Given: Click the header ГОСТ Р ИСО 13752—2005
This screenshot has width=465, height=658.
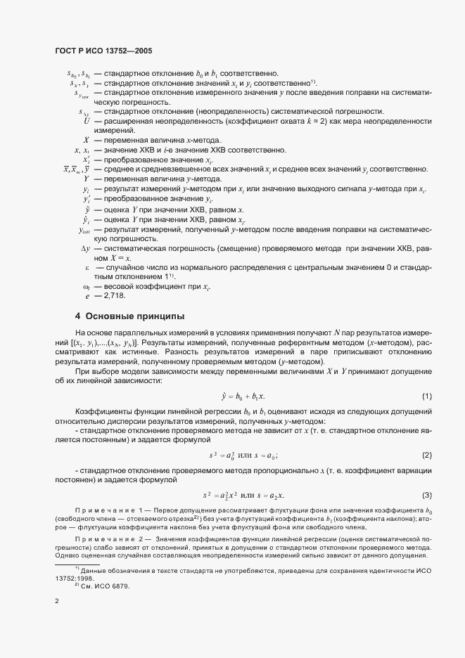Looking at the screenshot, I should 103,51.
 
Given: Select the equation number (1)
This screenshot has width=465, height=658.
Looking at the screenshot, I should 426,397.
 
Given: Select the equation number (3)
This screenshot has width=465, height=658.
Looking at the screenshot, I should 426,496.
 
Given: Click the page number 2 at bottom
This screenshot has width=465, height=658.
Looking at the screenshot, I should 57,600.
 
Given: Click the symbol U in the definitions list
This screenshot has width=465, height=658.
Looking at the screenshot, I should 86,122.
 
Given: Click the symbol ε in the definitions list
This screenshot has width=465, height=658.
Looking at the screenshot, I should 87,267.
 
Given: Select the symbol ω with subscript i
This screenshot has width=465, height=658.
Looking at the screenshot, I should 86,286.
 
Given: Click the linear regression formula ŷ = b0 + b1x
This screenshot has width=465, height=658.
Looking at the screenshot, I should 243,397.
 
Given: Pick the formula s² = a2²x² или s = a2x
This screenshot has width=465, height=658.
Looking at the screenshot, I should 243,496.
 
